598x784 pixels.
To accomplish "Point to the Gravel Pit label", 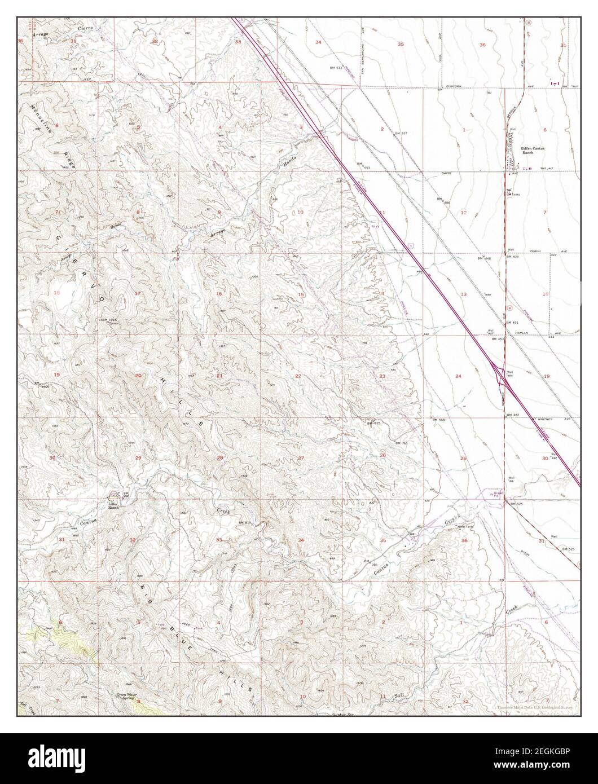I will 498,493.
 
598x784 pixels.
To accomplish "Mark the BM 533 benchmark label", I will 336,68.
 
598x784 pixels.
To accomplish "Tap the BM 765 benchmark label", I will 402,443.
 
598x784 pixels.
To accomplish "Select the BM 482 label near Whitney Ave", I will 512,415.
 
